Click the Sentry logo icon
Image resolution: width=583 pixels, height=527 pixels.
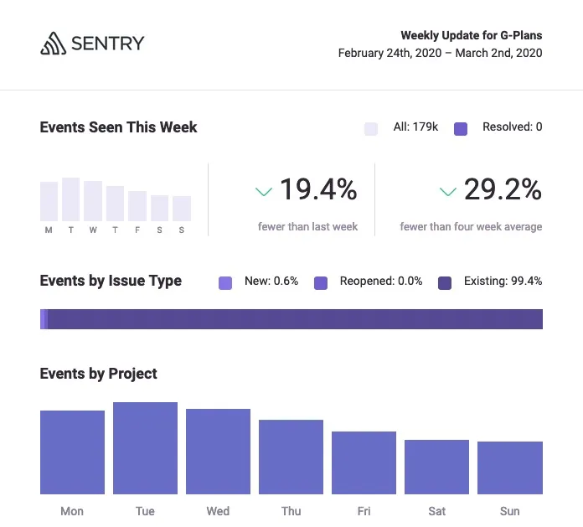point(53,44)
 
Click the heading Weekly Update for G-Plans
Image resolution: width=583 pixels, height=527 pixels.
point(471,35)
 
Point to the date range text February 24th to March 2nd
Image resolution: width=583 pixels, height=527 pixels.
point(440,53)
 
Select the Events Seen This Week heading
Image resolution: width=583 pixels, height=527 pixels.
point(118,127)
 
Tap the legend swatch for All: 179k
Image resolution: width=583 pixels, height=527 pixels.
point(371,128)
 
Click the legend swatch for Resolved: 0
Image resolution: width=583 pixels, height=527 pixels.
point(461,128)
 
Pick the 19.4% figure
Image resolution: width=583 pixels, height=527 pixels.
point(317,190)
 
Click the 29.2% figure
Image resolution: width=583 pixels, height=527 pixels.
point(503,190)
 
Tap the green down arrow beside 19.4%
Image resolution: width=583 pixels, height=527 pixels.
point(264,192)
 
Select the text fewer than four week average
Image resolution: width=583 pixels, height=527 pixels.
point(471,226)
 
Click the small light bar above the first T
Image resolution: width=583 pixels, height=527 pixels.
point(70,199)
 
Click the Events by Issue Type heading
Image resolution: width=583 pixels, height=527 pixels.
point(111,281)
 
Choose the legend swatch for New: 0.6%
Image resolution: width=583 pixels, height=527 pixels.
point(225,282)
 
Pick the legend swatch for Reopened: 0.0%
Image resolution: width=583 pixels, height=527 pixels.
point(321,282)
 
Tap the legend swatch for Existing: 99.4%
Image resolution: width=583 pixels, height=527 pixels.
point(445,282)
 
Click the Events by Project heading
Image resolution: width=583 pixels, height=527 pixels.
point(98,374)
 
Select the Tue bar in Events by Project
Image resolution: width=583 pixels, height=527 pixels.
point(145,448)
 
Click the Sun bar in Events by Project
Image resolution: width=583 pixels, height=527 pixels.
point(509,468)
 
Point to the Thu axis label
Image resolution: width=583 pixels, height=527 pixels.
point(291,511)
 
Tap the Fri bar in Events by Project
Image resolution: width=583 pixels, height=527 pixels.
point(364,462)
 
